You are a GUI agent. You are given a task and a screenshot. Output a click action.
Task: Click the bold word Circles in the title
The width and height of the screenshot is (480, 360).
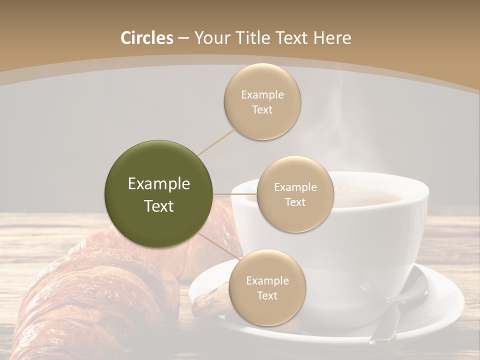click(x=146, y=38)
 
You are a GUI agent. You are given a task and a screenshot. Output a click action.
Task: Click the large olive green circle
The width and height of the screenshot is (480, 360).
click(x=159, y=194)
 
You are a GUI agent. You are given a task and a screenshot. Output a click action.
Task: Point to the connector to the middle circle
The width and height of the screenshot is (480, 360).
click(x=235, y=194)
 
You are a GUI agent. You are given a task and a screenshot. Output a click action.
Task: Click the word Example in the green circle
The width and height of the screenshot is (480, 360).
click(x=159, y=184)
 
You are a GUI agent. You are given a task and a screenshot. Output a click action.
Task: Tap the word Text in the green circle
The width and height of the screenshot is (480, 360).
click(x=159, y=206)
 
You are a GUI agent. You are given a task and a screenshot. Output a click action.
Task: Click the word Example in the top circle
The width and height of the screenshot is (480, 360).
click(x=262, y=95)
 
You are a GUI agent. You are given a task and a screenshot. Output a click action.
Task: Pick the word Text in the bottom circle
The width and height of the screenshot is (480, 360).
click(x=267, y=295)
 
